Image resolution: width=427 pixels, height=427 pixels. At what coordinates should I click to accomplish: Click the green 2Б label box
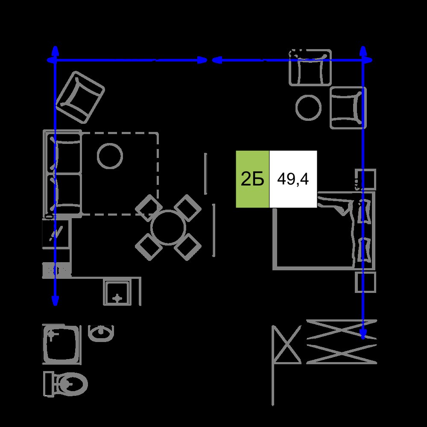pyautogui.click(x=252, y=179)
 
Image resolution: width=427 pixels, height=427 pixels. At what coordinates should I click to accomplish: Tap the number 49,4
pyautogui.click(x=293, y=179)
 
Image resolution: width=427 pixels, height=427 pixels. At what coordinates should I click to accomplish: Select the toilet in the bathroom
pyautogui.click(x=65, y=384)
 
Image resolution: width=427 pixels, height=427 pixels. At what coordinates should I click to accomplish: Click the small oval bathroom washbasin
pyautogui.click(x=101, y=333)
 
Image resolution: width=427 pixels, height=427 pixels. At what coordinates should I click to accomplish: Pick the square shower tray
pyautogui.click(x=62, y=344)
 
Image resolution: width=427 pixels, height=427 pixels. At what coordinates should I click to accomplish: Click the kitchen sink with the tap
pyautogui.click(x=117, y=293)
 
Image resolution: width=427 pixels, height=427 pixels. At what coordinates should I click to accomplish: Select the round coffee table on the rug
pyautogui.click(x=110, y=156)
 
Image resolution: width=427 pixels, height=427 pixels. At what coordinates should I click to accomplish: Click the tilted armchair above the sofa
pyautogui.click(x=80, y=97)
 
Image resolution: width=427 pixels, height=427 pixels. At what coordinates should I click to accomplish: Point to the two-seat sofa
pyautogui.click(x=63, y=173)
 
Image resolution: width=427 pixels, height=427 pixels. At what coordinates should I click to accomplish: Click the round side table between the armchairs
pyautogui.click(x=308, y=107)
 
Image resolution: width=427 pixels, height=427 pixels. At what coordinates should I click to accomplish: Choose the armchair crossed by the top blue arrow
pyautogui.click(x=310, y=67)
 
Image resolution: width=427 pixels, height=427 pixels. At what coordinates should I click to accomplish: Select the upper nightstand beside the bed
pyautogui.click(x=366, y=179)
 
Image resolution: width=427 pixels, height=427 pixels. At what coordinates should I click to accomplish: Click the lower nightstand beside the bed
pyautogui.click(x=366, y=282)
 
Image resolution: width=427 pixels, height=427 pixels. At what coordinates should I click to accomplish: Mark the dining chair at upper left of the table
pyautogui.click(x=149, y=208)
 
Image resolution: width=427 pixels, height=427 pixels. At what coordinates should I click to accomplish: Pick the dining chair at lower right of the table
pyautogui.click(x=187, y=247)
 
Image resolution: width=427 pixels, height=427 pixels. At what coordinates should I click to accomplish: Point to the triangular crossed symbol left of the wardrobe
pyautogui.click(x=287, y=345)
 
